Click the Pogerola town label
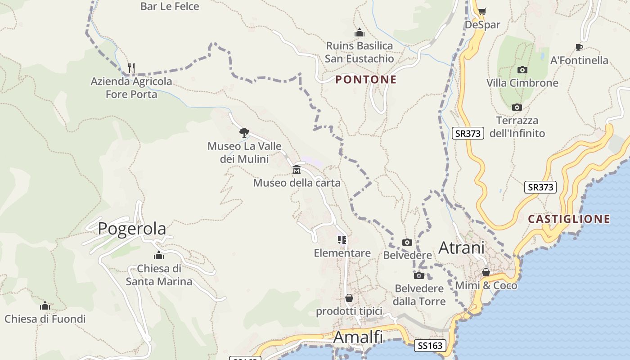[132, 229]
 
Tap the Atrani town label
[461, 247]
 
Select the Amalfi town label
[358, 337]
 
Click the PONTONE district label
[366, 80]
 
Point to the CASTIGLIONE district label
[569, 219]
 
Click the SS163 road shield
[430, 346]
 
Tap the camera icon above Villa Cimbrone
[522, 70]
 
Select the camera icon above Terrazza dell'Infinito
[517, 107]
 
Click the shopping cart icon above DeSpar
[482, 11]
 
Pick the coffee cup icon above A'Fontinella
[579, 47]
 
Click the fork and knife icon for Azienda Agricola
[131, 68]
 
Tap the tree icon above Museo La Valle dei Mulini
[244, 132]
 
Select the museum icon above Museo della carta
[297, 170]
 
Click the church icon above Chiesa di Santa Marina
[158, 256]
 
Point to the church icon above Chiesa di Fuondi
[45, 306]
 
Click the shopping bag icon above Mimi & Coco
[486, 272]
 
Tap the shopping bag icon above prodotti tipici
[349, 298]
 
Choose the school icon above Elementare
[342, 239]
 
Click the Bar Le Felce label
[170, 6]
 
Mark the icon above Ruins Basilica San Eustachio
[359, 32]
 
